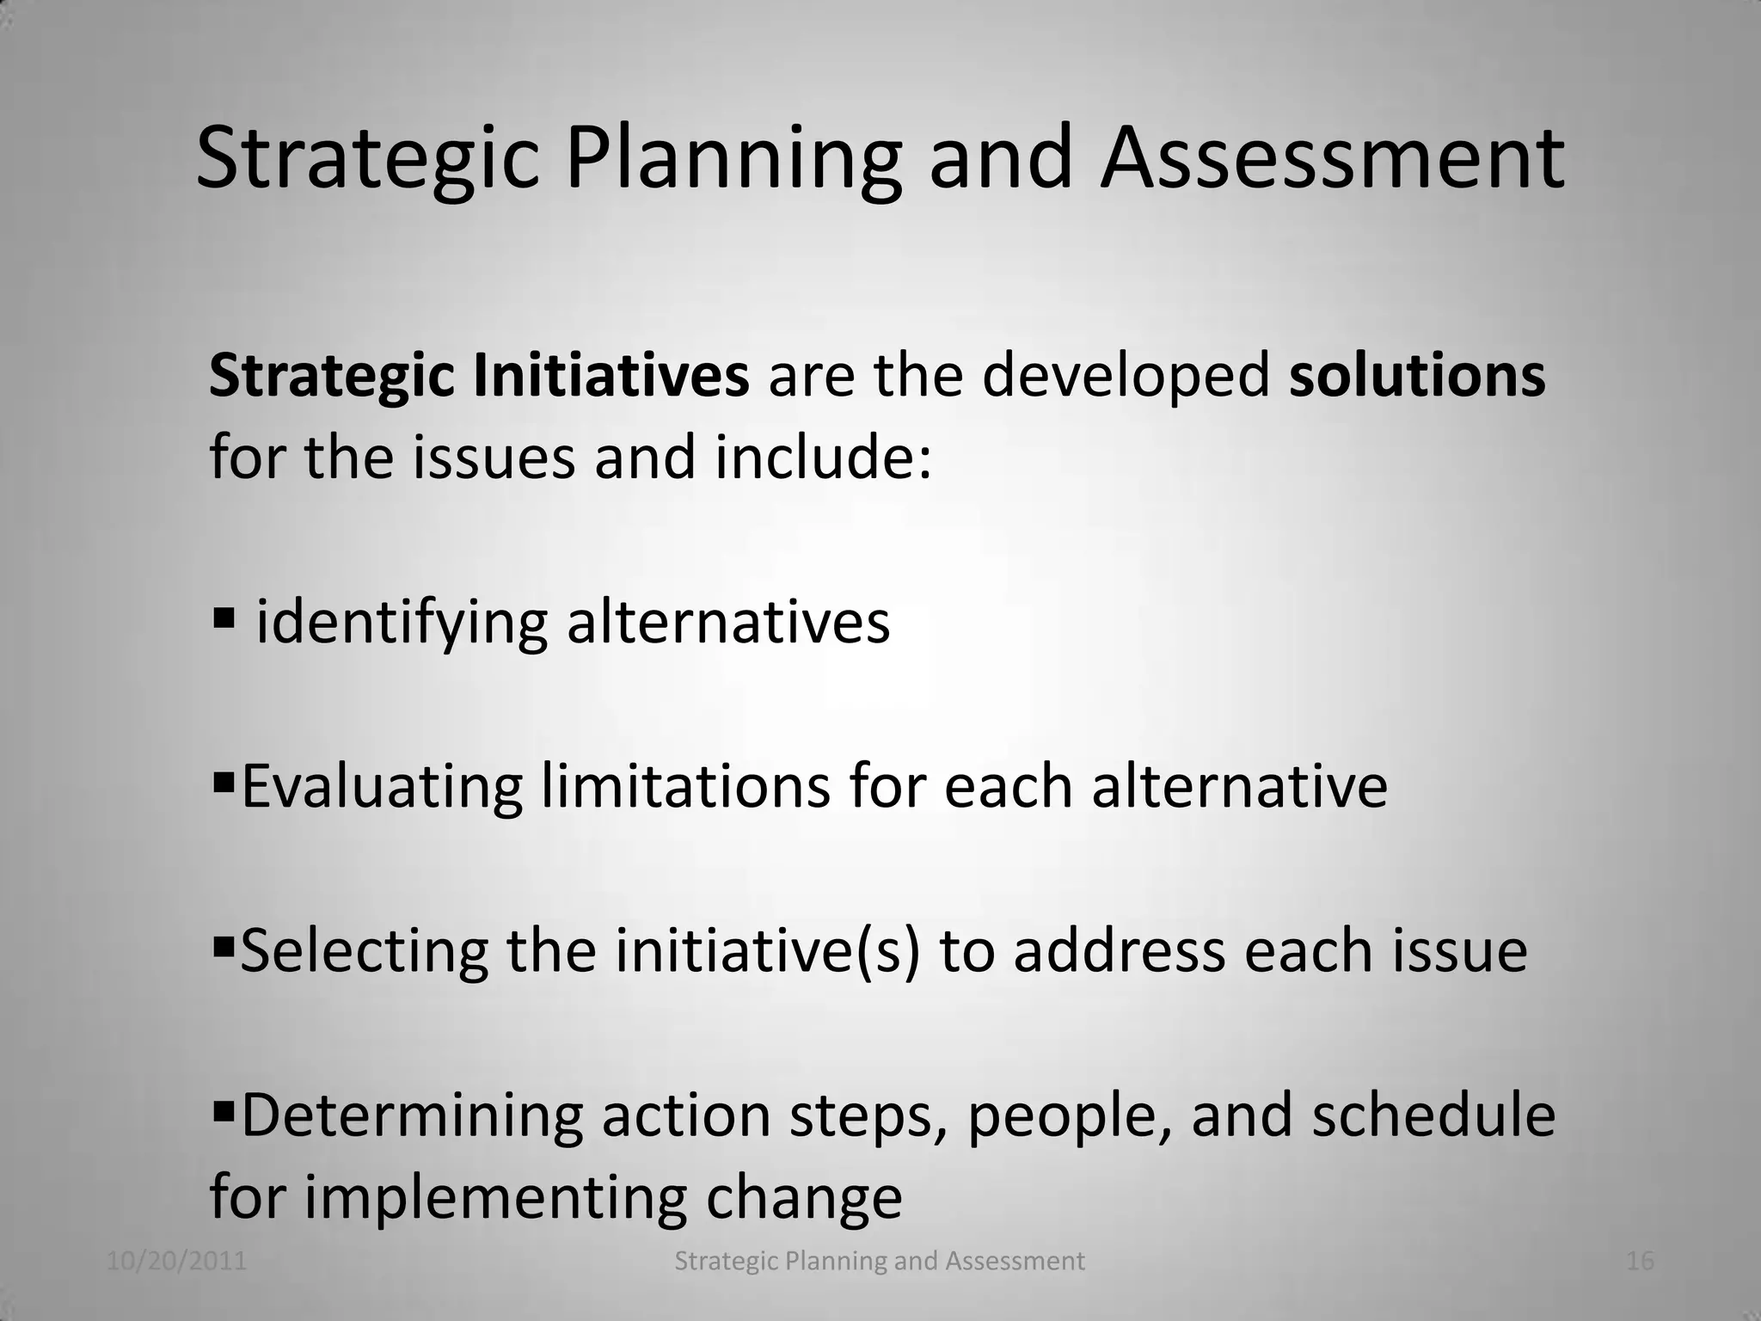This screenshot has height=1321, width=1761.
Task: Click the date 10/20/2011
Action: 177,1261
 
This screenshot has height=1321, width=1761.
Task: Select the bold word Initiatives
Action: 611,376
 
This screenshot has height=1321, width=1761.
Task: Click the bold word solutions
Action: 1416,376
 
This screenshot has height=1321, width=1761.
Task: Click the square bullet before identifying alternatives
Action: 223,617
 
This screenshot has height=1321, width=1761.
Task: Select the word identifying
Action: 402,624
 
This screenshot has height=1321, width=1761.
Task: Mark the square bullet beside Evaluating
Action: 223,782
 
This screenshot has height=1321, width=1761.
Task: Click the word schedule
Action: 1433,1115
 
